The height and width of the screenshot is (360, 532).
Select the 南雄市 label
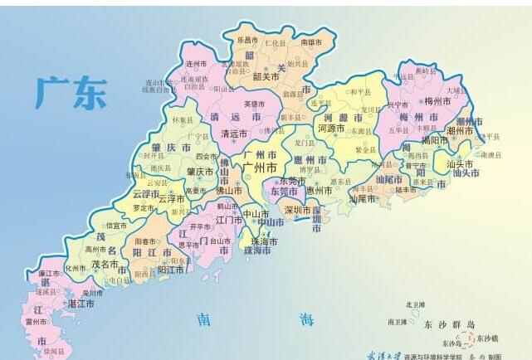(311, 41)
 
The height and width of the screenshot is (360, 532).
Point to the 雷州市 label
(36, 320)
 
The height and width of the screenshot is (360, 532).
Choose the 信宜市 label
(116, 225)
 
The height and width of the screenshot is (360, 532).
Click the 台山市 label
(220, 241)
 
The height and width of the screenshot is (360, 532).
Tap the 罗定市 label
(144, 207)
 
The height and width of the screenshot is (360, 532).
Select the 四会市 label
(205, 156)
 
